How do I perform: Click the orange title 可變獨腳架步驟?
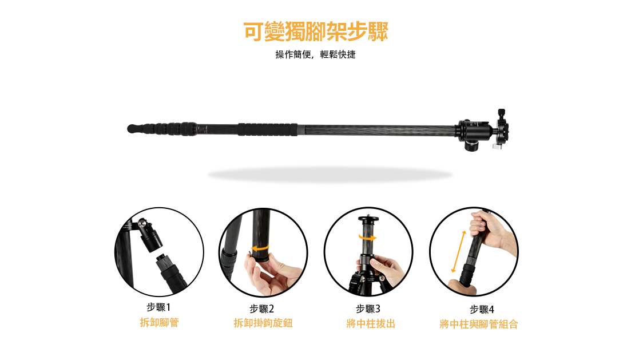pyautogui.click(x=316, y=31)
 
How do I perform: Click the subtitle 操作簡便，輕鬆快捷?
pyautogui.click(x=315, y=55)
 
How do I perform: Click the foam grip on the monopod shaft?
pyautogui.click(x=268, y=129)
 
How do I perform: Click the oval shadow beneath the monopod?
pyautogui.click(x=330, y=175)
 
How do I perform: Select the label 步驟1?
pyautogui.click(x=159, y=307)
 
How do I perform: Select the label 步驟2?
pyautogui.click(x=262, y=309)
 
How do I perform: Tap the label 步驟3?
pyautogui.click(x=368, y=309)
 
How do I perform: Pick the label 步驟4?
pyautogui.click(x=482, y=310)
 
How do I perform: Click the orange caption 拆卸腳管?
pyautogui.click(x=159, y=323)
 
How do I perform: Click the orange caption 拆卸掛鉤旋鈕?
pyautogui.click(x=263, y=323)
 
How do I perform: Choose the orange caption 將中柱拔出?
pyautogui.click(x=371, y=324)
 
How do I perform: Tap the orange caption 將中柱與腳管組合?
pyautogui.click(x=479, y=325)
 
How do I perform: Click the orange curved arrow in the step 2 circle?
pyautogui.click(x=260, y=248)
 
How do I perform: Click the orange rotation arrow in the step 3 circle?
pyautogui.click(x=368, y=238)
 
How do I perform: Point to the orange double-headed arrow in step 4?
pyautogui.click(x=459, y=251)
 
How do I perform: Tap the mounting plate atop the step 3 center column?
pyautogui.click(x=368, y=219)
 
